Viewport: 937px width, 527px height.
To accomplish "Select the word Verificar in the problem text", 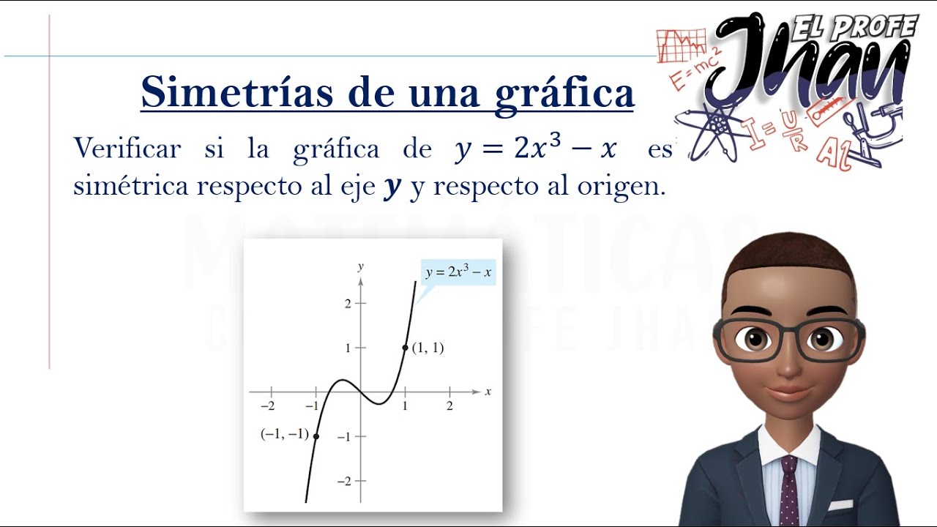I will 127,149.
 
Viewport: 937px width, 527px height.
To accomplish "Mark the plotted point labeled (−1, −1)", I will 316,436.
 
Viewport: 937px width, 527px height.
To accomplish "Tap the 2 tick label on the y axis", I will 348,303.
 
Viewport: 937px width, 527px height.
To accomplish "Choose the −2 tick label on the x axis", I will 269,406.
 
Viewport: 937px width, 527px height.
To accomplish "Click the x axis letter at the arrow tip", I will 488,392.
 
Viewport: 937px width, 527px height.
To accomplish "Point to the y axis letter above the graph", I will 360,266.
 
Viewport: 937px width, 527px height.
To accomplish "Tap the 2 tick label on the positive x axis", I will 449,406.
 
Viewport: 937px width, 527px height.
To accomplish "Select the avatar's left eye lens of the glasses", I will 749,339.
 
